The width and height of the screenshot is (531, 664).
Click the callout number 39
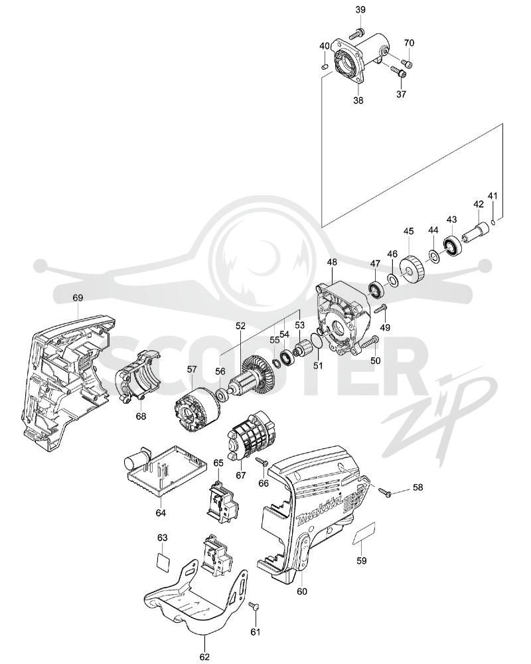(360, 10)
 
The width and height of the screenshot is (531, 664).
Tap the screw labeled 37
(398, 72)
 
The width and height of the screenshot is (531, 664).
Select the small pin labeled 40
(325, 66)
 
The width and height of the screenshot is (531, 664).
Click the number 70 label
(409, 42)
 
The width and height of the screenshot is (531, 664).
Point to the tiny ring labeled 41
(494, 221)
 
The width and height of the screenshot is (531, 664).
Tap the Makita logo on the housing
(320, 513)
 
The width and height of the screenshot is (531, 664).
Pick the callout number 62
(204, 657)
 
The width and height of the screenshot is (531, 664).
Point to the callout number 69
(78, 297)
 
